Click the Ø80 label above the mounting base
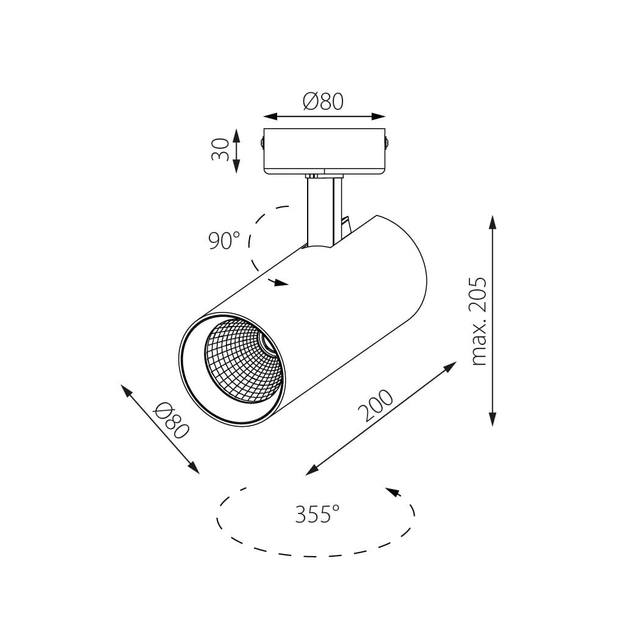coord(323,101)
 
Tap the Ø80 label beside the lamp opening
coord(172,420)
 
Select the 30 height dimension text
coord(220,150)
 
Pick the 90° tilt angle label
coord(223,241)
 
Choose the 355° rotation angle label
coord(317,514)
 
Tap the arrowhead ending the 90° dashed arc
coord(281,283)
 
